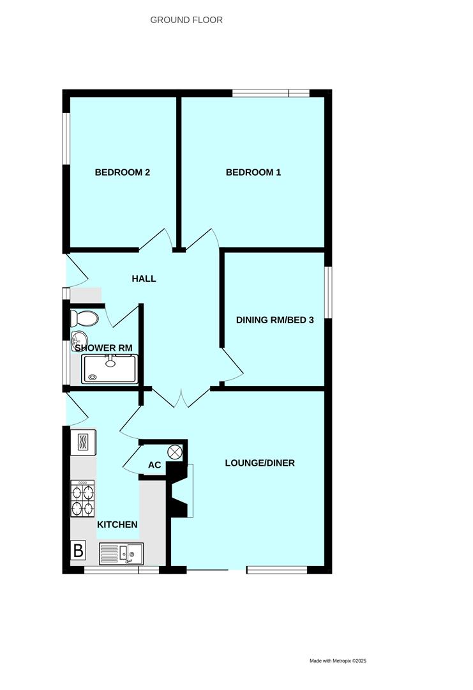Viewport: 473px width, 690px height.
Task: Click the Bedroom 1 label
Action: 253,172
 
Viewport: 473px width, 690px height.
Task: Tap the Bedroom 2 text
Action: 122,172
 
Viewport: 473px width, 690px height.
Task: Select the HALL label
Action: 144,279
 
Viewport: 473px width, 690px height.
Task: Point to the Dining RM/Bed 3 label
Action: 274,320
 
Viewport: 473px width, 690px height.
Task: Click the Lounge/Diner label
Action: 260,463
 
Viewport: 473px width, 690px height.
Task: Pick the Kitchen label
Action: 117,525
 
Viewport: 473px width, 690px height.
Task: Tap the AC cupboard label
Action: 154,465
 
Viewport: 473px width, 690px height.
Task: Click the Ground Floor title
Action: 186,20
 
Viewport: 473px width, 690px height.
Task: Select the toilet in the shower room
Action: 85,318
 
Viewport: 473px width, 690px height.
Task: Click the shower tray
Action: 109,369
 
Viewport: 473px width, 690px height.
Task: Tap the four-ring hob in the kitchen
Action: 82,498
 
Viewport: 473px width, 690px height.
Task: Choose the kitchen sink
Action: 121,553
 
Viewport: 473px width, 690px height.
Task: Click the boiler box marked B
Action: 79,551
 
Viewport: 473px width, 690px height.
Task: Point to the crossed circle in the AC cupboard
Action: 175,452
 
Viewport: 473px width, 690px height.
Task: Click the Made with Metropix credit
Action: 338,661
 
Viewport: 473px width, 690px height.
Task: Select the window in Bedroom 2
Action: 66,139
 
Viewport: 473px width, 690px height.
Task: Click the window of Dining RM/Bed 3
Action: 328,292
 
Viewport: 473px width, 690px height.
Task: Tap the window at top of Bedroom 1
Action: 271,93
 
